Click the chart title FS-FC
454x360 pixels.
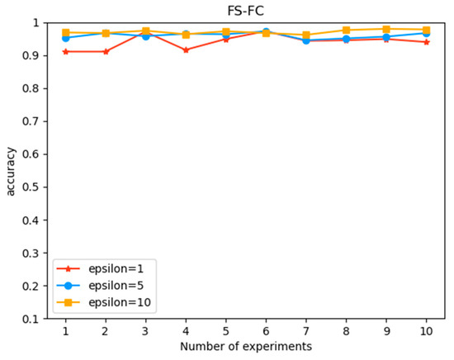[245, 9]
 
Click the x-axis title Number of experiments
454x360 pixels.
[245, 346]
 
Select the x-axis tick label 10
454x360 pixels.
[426, 329]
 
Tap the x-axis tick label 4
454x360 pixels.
[186, 329]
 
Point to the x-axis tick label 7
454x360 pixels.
[306, 329]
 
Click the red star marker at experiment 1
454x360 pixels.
[65, 51]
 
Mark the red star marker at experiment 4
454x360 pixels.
[186, 50]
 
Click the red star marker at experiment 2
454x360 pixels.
[106, 51]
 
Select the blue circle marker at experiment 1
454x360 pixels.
[65, 38]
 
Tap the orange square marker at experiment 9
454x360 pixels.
[386, 29]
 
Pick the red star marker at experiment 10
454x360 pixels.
[426, 42]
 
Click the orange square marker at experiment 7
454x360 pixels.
[306, 36]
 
